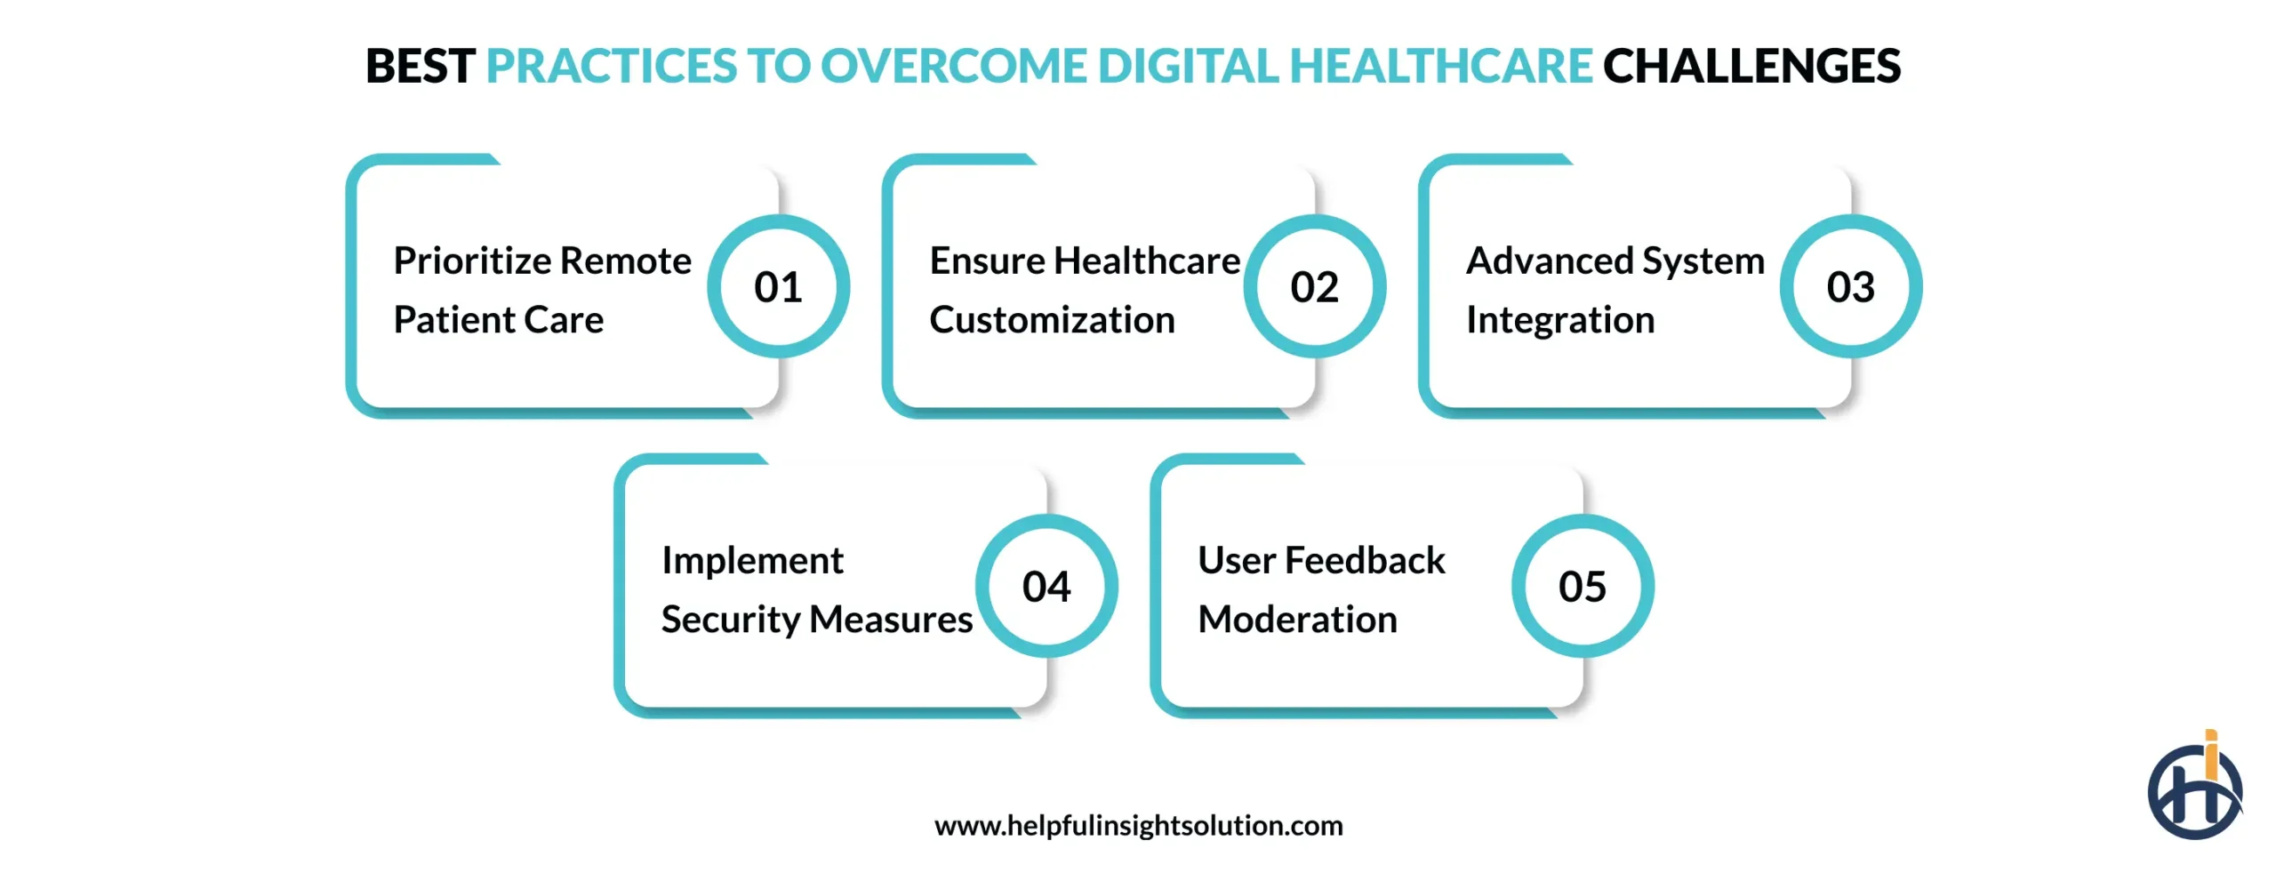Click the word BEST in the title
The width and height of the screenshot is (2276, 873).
pos(420,67)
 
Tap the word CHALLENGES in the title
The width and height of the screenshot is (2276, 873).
pos(1751,67)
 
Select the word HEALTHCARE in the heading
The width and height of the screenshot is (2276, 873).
pos(1439,67)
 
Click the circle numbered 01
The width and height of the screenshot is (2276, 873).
pos(778,286)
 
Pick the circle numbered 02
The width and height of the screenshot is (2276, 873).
pos(1314,286)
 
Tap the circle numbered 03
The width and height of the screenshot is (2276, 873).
pos(1850,286)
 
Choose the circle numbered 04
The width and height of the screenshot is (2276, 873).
pos(1046,586)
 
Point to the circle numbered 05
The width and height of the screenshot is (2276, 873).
pos(1582,586)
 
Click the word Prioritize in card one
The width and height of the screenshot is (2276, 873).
pos(472,261)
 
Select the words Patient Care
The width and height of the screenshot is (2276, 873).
pos(498,320)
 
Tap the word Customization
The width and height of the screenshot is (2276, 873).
pos(1052,320)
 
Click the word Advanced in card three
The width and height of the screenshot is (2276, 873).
pos(1549,261)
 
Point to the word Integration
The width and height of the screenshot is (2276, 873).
pos(1559,320)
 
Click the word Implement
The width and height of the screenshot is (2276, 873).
pos(752,561)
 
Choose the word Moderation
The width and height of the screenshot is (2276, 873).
pos(1297,620)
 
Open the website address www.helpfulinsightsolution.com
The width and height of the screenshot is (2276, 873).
pos(1138,826)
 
